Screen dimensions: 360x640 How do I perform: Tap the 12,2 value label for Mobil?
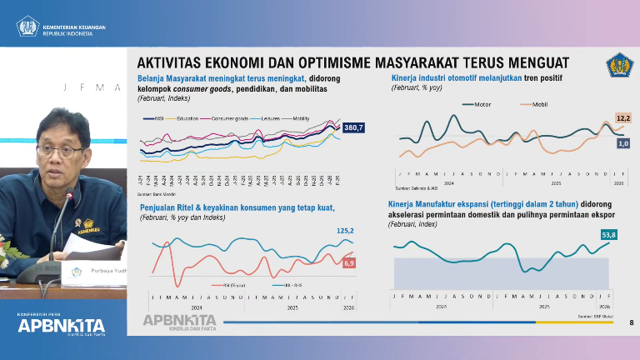point(622,118)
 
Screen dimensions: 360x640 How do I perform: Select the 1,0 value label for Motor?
point(622,143)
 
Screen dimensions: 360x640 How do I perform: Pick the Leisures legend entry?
point(267,119)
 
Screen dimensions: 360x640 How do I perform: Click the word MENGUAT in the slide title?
point(528,63)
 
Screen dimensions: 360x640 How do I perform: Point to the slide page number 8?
point(631,322)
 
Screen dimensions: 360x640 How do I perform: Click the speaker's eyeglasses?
point(61,150)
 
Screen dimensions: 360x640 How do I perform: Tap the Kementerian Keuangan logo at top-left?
point(27,27)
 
